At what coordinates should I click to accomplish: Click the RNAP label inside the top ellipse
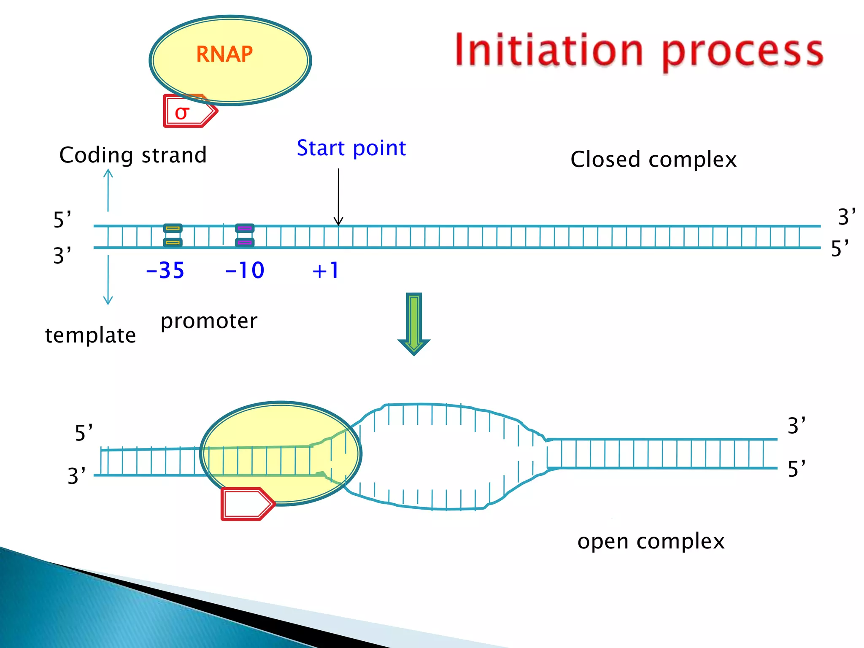224,54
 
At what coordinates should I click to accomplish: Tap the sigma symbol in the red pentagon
182,113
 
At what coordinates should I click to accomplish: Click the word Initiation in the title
549,50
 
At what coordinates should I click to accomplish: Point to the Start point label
351,148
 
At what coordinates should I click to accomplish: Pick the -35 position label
165,270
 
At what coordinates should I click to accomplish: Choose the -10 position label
245,270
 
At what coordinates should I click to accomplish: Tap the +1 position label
325,270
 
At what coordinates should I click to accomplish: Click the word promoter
209,321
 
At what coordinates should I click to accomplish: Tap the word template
90,335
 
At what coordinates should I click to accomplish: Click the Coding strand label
133,155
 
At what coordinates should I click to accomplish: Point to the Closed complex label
653,160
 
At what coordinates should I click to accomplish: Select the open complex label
651,541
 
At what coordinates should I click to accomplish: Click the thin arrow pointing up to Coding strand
108,190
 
